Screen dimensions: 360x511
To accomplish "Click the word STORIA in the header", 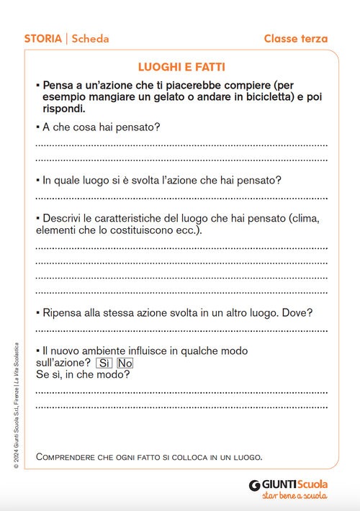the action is [43, 39].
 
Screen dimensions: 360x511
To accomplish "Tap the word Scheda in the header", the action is [90, 39].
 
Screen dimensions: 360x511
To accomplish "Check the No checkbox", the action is [125, 363].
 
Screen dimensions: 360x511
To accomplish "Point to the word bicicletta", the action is [261, 97].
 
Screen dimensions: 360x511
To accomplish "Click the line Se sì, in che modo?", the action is [83, 375].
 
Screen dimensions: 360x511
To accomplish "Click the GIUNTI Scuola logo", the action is [288, 484].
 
